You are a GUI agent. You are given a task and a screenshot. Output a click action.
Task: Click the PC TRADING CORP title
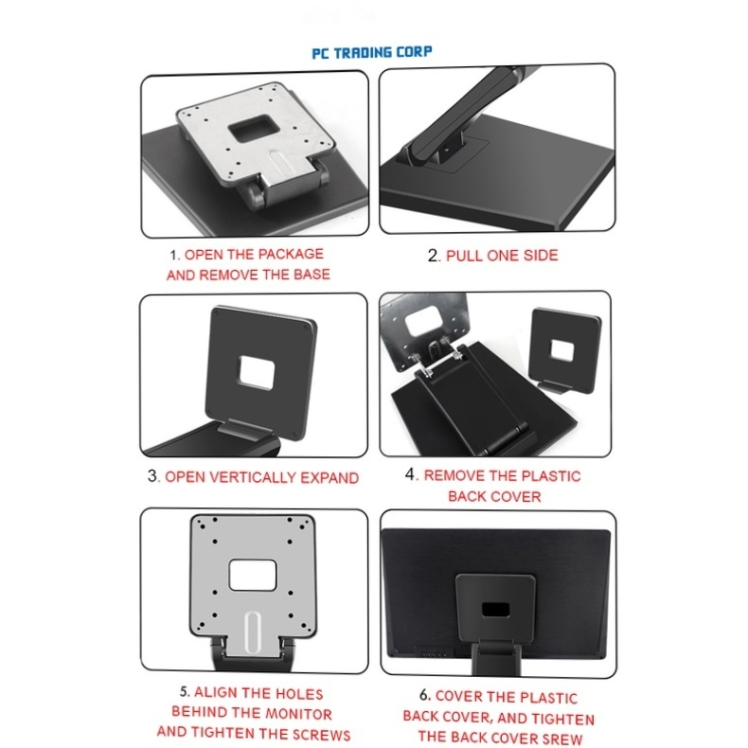pyautogui.click(x=373, y=52)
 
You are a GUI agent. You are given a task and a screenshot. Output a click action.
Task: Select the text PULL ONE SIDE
pyautogui.click(x=502, y=256)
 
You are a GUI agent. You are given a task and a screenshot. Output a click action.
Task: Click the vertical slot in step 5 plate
pyautogui.click(x=252, y=631)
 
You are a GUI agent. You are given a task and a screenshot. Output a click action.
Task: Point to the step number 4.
pyautogui.click(x=411, y=475)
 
